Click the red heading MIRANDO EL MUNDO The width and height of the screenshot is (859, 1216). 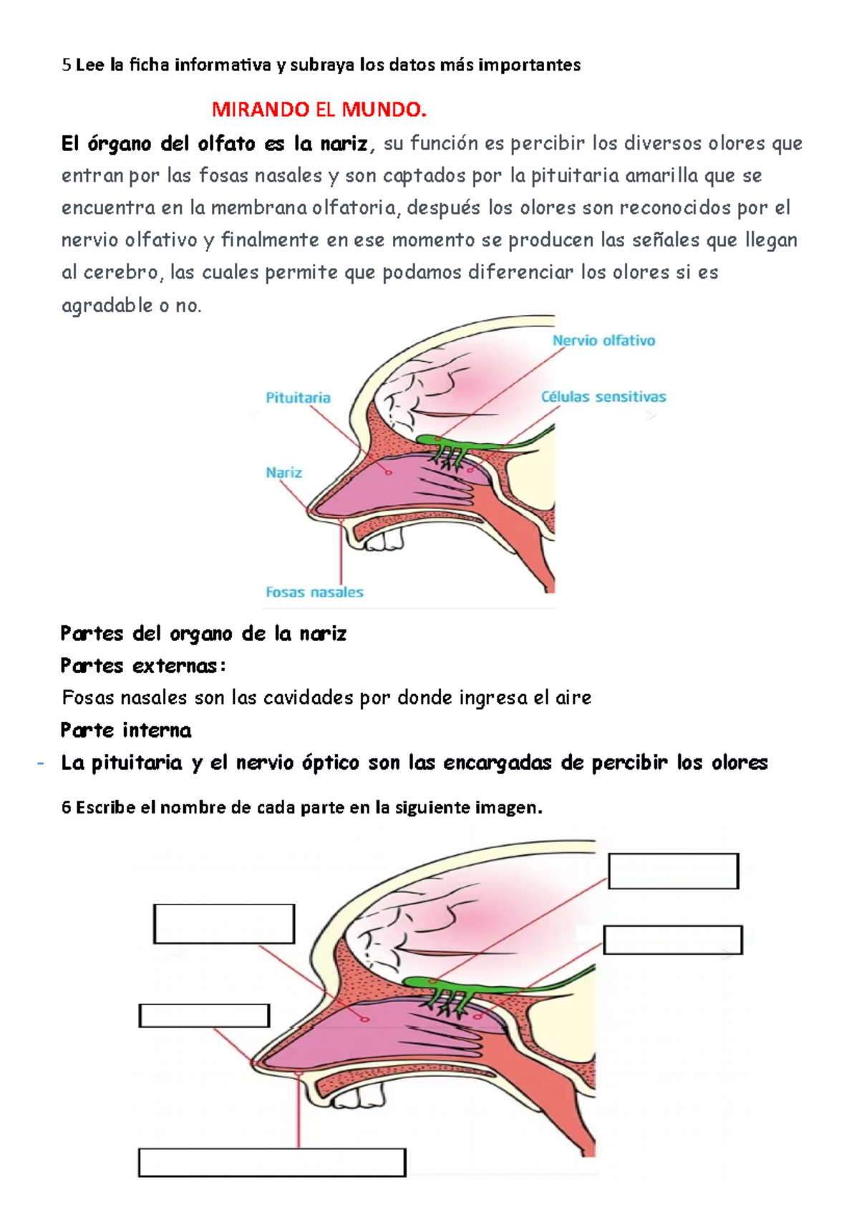coord(319,110)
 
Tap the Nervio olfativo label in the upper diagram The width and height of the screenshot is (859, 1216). coord(603,341)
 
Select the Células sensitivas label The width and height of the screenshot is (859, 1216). coord(603,397)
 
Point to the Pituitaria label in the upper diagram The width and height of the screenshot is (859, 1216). coord(298,397)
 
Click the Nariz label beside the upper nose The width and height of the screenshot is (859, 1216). coord(283,473)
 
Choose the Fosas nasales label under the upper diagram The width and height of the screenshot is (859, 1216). coord(314,592)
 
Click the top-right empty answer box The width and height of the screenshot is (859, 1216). coord(673,871)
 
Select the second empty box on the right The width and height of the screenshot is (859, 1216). coord(673,940)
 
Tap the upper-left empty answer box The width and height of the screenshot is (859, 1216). coord(224,924)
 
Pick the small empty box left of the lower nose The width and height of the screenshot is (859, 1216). coord(204,1015)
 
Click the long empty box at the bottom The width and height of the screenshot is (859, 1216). coord(272,1162)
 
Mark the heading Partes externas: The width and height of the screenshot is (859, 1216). coord(143,666)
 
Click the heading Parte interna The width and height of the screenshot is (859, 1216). coord(126,730)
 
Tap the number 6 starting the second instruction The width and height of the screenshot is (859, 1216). coord(66,808)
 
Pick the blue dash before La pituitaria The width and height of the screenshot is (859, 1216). coord(41,763)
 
